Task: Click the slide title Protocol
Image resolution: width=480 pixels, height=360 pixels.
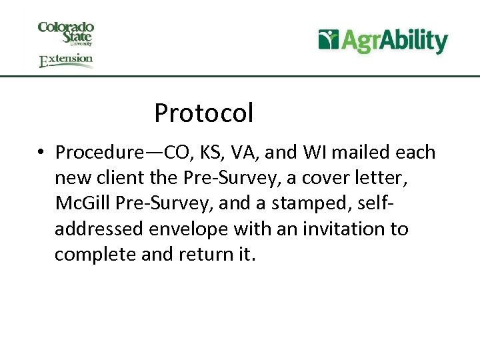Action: click(203, 113)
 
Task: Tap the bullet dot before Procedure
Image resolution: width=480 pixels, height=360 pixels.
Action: click(41, 153)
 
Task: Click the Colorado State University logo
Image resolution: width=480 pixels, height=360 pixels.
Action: click(65, 33)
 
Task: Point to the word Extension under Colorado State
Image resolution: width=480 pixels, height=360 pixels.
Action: click(65, 60)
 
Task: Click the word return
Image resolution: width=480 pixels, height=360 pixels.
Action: click(207, 255)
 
